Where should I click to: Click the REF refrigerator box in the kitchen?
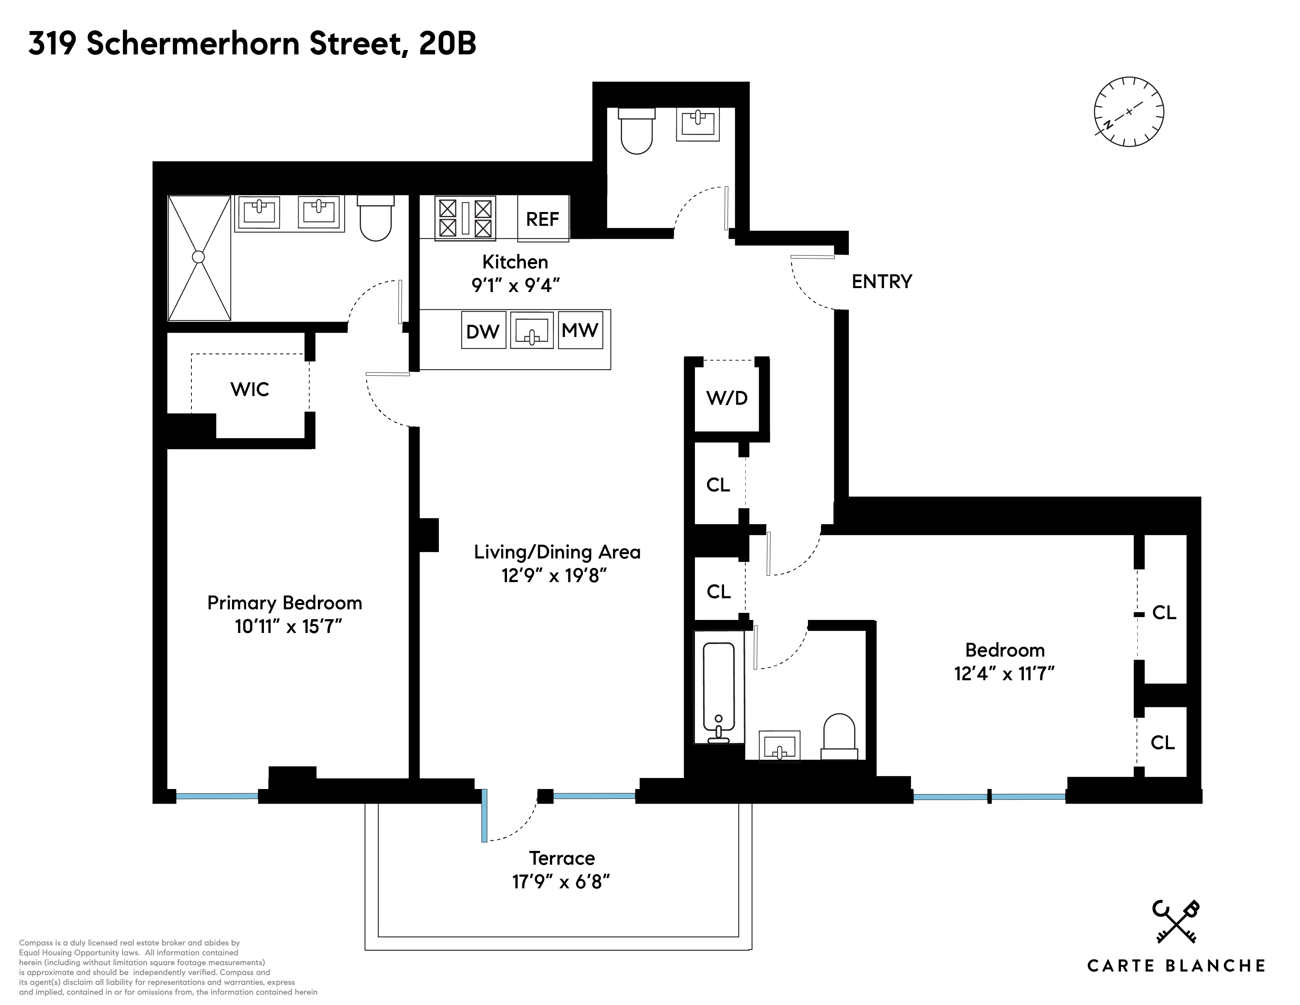tap(542, 218)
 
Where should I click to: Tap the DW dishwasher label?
tap(483, 331)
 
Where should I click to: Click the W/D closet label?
tap(727, 398)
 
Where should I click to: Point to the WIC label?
tap(249, 389)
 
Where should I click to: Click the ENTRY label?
tap(882, 282)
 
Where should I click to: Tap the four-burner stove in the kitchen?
tap(465, 218)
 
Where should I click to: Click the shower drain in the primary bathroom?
tap(198, 257)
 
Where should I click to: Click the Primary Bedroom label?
tap(284, 603)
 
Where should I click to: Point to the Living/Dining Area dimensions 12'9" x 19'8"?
tap(554, 576)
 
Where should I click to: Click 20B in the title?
tap(448, 43)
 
